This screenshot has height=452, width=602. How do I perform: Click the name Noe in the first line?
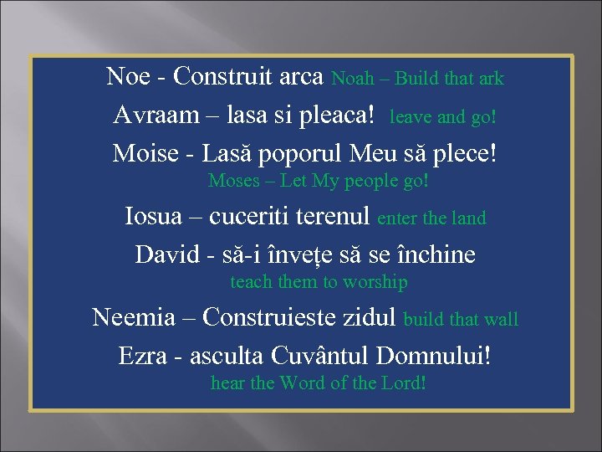click(128, 76)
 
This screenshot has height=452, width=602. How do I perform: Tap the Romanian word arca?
click(300, 76)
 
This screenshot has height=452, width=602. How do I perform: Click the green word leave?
click(411, 117)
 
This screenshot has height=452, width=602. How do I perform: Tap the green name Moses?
click(234, 180)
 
